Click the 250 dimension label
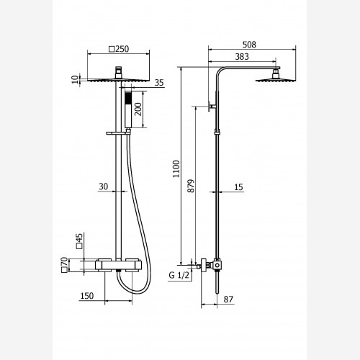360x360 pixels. point(122,49)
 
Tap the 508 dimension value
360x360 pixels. point(249,45)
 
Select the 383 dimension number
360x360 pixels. point(242,57)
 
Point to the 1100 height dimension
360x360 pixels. point(176,169)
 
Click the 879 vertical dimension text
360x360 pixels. point(191,186)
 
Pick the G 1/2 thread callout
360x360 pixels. point(179,275)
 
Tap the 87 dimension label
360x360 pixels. point(228,300)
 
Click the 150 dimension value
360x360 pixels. point(87,296)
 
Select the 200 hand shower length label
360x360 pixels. point(138,109)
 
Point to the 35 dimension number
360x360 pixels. point(159,83)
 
